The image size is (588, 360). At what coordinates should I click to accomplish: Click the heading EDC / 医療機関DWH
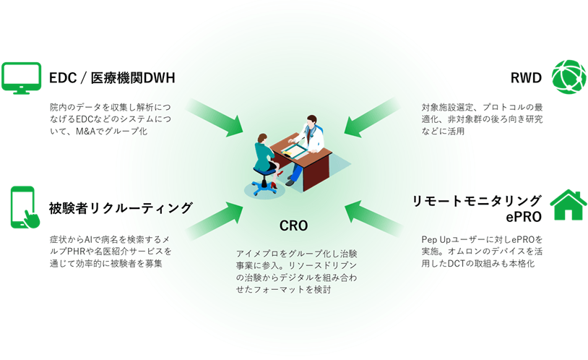[112, 77]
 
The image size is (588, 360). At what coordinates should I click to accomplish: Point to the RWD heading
[525, 77]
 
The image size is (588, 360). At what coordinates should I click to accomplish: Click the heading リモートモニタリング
[477, 200]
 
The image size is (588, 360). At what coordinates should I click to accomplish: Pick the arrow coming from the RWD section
[372, 116]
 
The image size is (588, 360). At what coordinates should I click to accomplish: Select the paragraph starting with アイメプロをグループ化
[296, 271]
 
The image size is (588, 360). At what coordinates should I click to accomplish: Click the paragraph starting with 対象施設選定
[482, 119]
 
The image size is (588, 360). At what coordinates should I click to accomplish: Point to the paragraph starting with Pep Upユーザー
[482, 250]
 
